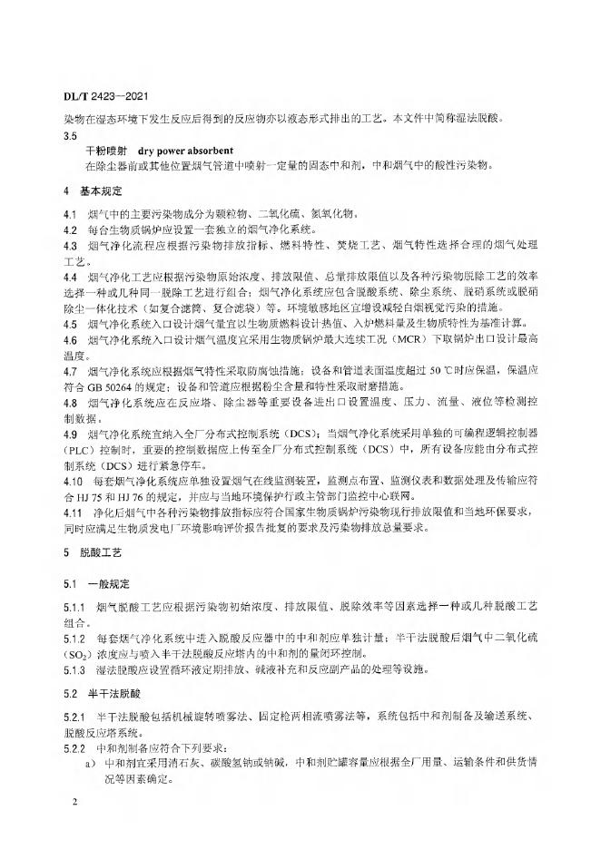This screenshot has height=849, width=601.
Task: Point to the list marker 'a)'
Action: click(79, 761)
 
